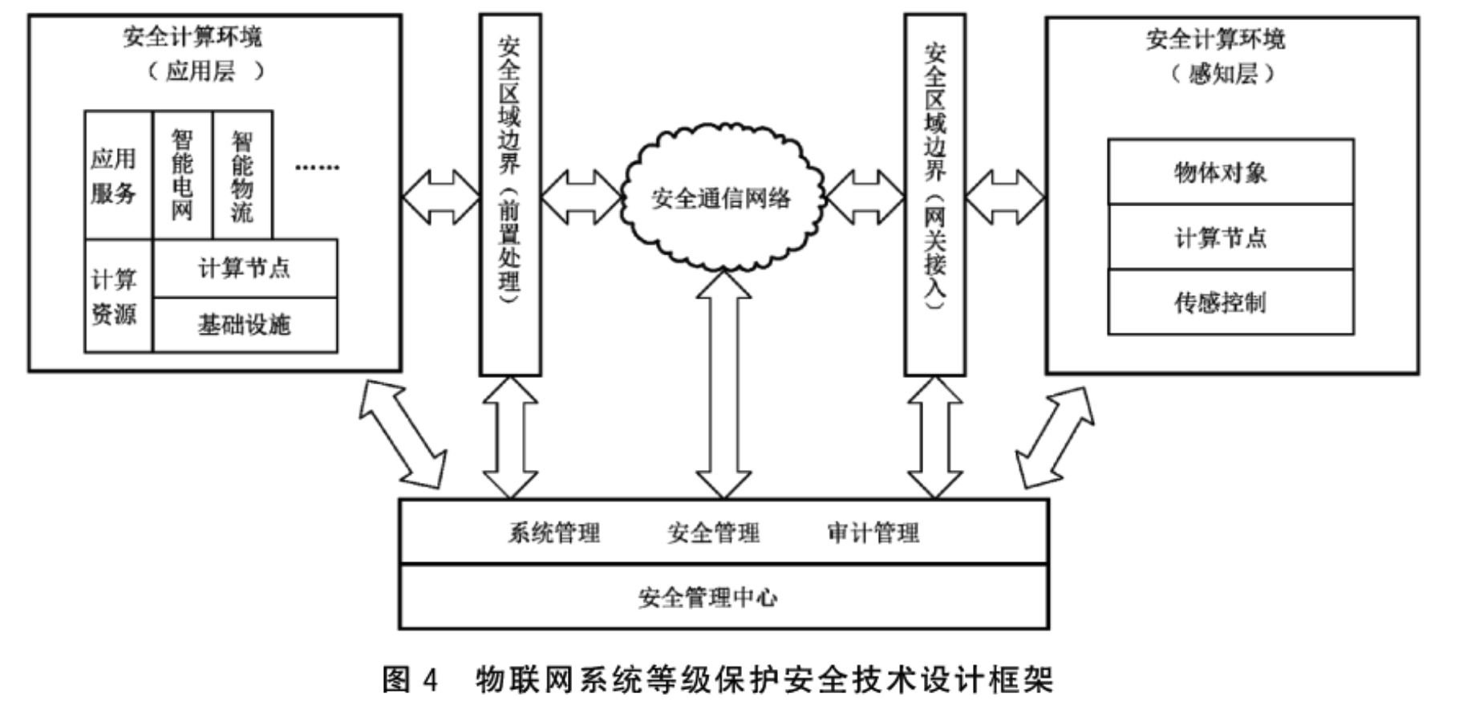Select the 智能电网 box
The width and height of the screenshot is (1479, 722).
pyautogui.click(x=182, y=175)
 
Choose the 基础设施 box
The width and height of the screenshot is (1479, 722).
pyautogui.click(x=245, y=325)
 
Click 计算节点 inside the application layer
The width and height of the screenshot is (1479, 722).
pyautogui.click(x=245, y=268)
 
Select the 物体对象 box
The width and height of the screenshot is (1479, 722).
pyautogui.click(x=1230, y=172)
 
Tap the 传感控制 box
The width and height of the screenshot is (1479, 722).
pyautogui.click(x=1230, y=302)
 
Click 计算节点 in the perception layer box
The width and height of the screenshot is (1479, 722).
pyautogui.click(x=1230, y=237)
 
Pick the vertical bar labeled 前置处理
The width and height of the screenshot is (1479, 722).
pyautogui.click(x=510, y=194)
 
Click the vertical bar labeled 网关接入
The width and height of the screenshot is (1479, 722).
pyautogui.click(x=934, y=194)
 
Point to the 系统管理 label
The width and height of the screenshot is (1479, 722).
pyautogui.click(x=554, y=533)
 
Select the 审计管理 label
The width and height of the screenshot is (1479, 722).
pyautogui.click(x=873, y=533)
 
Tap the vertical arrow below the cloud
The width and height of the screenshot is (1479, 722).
pyautogui.click(x=723, y=385)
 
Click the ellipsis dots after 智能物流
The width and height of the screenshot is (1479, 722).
pyautogui.click(x=318, y=168)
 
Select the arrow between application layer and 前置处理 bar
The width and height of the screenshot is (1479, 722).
pyautogui.click(x=440, y=197)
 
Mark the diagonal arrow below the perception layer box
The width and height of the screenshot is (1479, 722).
pyautogui.click(x=1054, y=438)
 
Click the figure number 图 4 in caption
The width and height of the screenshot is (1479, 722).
pyautogui.click(x=410, y=679)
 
